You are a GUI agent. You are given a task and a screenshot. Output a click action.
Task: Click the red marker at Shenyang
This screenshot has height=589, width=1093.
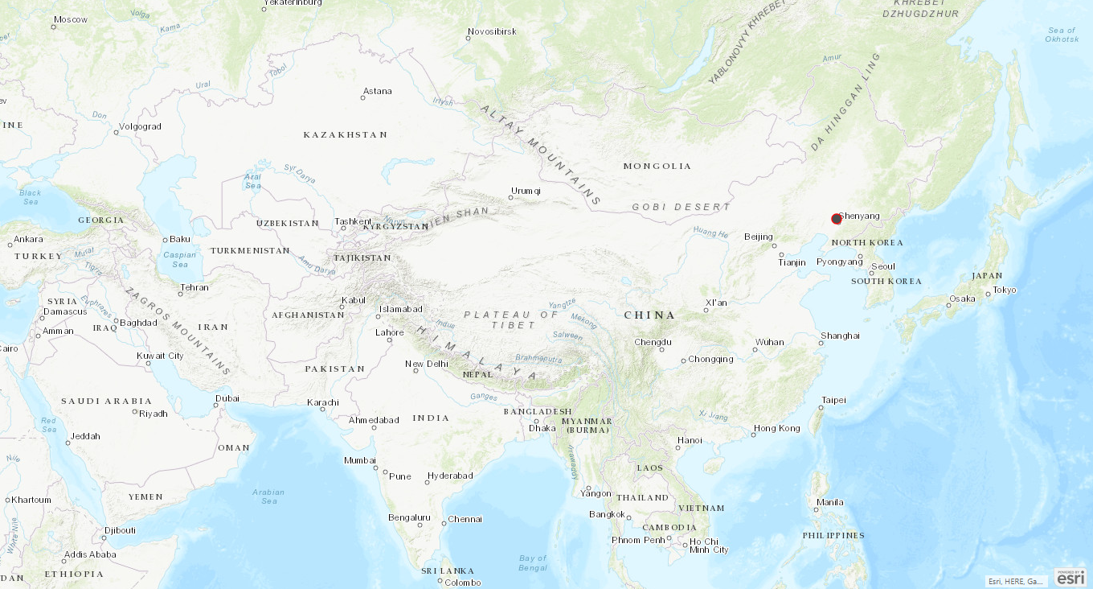coord(837,219)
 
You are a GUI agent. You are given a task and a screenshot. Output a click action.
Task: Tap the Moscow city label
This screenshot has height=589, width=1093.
coord(71,19)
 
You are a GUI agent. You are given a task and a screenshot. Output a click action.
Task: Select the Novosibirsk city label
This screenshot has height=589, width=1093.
coord(492,32)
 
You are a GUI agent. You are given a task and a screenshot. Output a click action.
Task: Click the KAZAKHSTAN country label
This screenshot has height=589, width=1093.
coord(346,135)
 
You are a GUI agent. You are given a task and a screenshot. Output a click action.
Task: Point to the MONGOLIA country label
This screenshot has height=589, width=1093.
coord(657,167)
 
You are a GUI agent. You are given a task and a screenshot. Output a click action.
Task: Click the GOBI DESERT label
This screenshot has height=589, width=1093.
coord(682,207)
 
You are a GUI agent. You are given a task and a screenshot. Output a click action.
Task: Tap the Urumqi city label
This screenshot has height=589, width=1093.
coord(526,191)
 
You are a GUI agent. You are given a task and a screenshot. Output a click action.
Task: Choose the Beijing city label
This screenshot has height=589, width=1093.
coord(759,237)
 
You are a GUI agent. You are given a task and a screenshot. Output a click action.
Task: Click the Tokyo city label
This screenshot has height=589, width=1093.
coord(1005,290)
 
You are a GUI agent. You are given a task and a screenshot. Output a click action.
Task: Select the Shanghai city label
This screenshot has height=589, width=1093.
coord(841,336)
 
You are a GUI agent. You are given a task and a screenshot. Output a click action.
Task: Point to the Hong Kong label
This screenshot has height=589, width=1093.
coord(777,429)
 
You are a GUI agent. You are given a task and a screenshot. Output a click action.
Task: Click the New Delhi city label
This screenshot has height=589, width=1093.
coord(427,365)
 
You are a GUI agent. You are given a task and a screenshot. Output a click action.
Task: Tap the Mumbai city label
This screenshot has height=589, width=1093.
coord(360,460)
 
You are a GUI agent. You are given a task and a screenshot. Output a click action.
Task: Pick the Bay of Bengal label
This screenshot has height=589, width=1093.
coord(533,562)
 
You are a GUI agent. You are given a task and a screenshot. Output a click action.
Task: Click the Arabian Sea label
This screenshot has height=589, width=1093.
coord(268,496)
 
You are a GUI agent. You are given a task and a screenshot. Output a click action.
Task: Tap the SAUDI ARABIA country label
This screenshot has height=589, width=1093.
coord(107,401)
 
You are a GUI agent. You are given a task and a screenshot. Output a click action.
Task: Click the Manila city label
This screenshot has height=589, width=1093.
coord(830,503)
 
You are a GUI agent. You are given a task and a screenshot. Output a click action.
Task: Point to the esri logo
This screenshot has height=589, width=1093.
coord(1070,577)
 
